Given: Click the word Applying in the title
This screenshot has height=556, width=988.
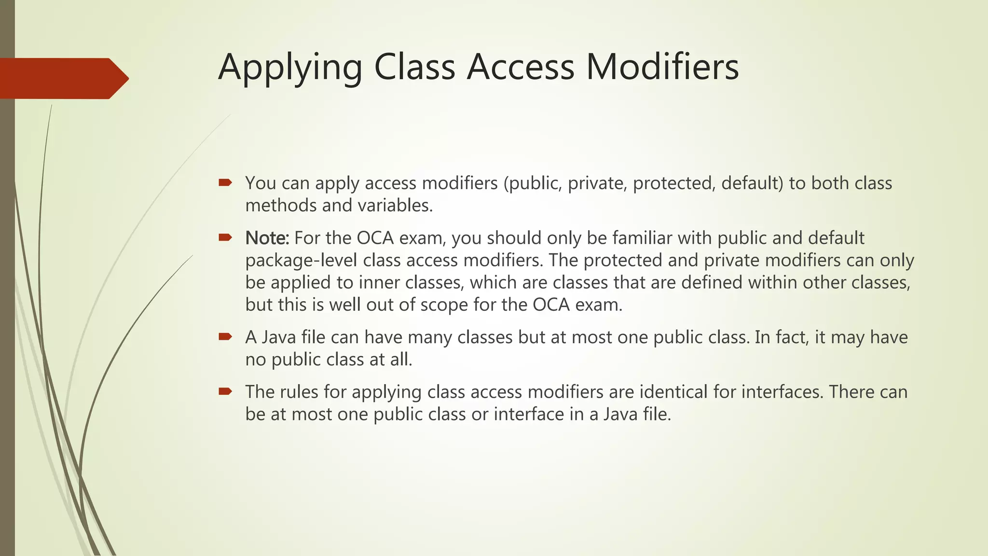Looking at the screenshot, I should (290, 68).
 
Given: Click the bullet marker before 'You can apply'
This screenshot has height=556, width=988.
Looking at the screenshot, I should (225, 182).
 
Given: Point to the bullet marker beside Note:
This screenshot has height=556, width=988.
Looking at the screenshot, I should (225, 237).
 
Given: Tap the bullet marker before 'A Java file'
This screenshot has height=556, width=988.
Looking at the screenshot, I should (225, 336).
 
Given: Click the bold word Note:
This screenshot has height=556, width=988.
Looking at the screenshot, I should (267, 238).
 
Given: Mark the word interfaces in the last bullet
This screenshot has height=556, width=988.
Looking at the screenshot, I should (782, 392).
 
